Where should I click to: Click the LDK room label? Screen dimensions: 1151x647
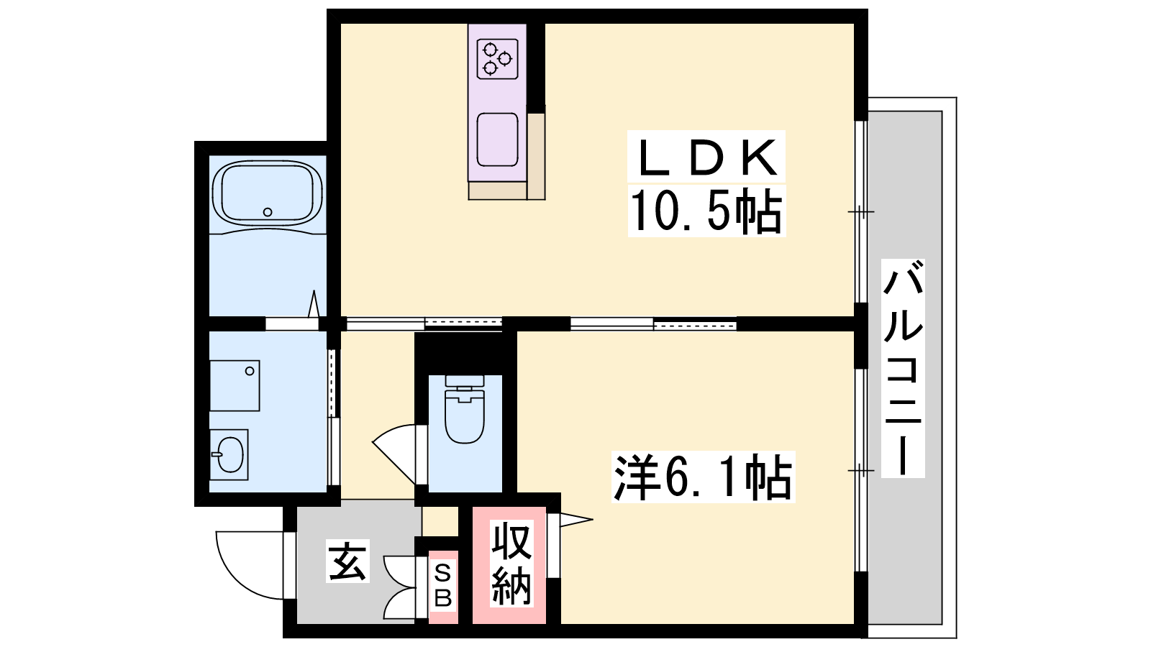706,157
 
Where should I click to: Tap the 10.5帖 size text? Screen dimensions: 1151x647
706,211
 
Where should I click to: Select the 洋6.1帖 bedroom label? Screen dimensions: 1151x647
703,477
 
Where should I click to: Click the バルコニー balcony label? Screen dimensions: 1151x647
903,368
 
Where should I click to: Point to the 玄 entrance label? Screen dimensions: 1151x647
348,561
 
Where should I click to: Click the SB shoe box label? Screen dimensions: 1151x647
443,585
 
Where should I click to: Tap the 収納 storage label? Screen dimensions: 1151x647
511,563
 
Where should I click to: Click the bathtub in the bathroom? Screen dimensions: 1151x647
267,193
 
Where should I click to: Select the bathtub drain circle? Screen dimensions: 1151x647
267,211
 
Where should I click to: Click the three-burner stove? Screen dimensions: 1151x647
497,59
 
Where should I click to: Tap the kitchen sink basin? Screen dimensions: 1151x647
497,139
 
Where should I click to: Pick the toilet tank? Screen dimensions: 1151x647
465,382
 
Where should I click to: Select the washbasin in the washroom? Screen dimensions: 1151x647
229,454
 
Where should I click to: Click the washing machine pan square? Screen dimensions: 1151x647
235,385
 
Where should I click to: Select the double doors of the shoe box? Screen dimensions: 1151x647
399,588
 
